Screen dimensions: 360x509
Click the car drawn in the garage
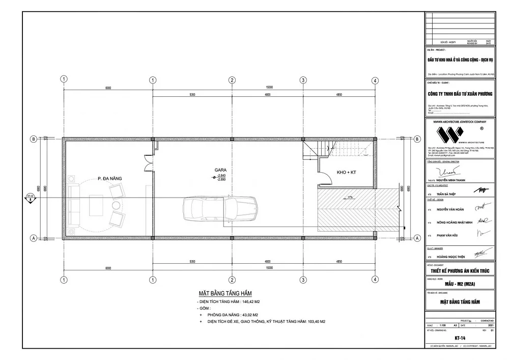tap(220, 209)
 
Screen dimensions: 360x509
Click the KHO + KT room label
tap(346, 173)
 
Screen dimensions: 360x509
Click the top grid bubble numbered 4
tap(375, 80)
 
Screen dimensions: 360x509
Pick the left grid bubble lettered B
tap(33, 139)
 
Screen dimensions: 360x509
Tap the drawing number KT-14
tap(460, 338)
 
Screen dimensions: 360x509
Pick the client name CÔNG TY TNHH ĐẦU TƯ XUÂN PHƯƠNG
tap(460, 94)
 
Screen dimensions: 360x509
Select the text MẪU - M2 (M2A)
tap(460, 284)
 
